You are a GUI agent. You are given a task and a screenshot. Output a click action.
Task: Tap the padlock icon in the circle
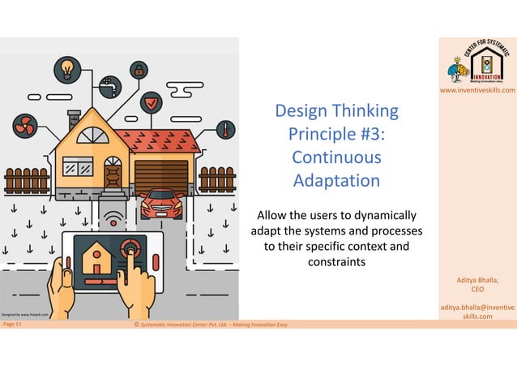click(139, 71)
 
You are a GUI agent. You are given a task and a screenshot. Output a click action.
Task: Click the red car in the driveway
click(161, 203)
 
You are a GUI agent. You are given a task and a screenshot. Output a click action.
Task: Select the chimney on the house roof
click(75, 119)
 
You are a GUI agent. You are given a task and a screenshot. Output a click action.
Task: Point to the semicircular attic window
click(92, 135)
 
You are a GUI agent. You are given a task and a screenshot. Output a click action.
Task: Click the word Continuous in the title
click(335, 156)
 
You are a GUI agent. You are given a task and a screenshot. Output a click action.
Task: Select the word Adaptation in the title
click(336, 179)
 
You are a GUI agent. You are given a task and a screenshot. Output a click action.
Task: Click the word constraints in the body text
click(336, 261)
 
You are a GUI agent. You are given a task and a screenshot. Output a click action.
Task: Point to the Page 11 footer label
click(13, 325)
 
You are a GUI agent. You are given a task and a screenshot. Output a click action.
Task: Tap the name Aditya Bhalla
click(477, 280)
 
